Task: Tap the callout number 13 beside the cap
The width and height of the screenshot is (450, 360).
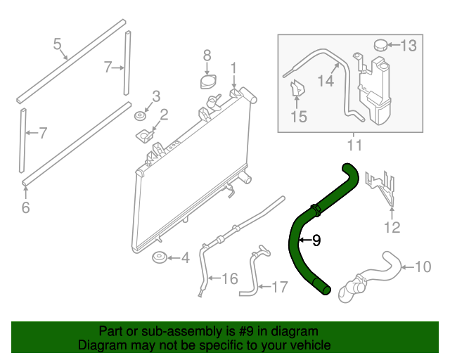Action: click(x=409, y=46)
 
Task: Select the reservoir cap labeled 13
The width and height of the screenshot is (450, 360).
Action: click(x=380, y=45)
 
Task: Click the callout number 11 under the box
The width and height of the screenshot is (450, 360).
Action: click(x=354, y=146)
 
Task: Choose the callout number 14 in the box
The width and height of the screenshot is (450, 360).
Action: click(x=324, y=81)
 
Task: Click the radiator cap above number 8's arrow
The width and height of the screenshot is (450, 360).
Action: click(x=208, y=82)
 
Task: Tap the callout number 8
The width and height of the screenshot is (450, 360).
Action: click(x=207, y=55)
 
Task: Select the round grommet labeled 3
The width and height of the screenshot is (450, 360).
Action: click(x=141, y=114)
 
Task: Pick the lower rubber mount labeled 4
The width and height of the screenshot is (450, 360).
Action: click(x=160, y=259)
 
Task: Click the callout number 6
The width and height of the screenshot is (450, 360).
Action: click(x=26, y=207)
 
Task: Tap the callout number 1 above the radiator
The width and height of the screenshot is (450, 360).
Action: click(x=233, y=68)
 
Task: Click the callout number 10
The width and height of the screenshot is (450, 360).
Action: click(x=423, y=266)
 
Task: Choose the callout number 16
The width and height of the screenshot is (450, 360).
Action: click(x=230, y=279)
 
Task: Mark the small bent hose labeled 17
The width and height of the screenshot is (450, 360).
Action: click(x=252, y=274)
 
